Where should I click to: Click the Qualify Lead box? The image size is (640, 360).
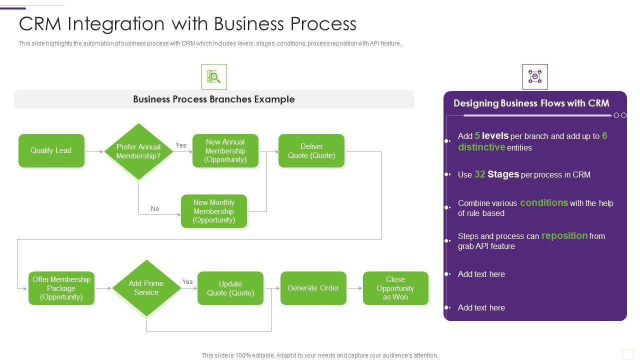point(51,150)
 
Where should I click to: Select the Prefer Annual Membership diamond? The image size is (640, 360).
point(138,151)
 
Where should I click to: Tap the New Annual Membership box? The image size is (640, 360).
point(225,150)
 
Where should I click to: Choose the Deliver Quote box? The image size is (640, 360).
point(311,150)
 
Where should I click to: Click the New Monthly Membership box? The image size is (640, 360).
point(214,211)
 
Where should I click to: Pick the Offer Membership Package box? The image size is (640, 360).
point(61,288)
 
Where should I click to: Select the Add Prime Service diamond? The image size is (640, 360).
point(146,288)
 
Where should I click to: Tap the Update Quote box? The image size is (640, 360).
point(230,288)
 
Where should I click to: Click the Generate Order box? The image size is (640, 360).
point(313,288)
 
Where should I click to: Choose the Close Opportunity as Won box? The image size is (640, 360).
point(395,288)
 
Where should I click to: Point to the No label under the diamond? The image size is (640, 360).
point(155,209)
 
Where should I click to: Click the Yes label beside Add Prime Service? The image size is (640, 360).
point(187,281)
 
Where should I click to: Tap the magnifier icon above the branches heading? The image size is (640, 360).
point(214,76)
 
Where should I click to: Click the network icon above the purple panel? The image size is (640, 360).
point(535,76)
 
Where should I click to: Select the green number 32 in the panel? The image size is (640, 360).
point(480,174)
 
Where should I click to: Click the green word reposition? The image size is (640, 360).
point(564,236)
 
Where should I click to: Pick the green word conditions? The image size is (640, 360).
point(544,202)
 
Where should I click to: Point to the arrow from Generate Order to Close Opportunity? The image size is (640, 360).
point(355,288)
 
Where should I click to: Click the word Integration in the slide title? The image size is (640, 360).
point(116,23)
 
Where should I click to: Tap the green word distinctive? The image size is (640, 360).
point(481,147)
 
